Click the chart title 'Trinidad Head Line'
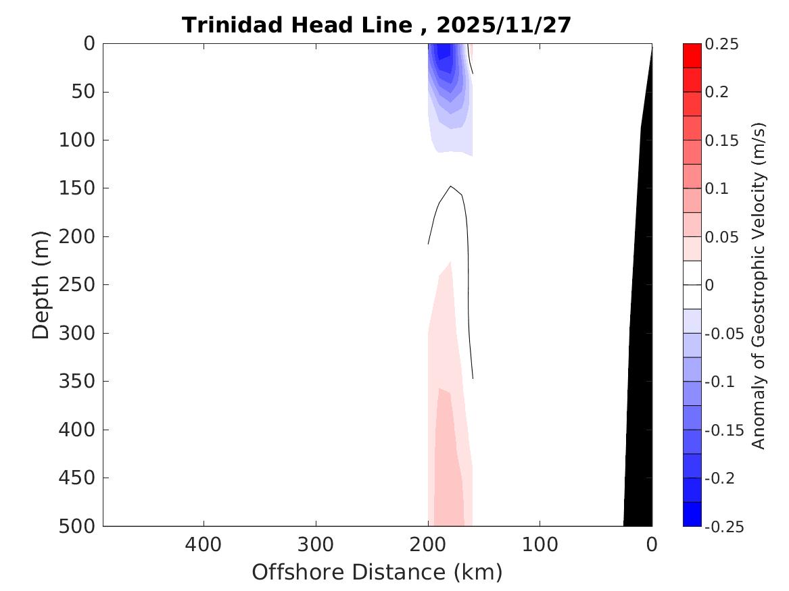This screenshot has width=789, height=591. pos(296,25)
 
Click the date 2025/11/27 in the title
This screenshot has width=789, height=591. pos(504,25)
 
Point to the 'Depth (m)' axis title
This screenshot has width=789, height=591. pos(41,284)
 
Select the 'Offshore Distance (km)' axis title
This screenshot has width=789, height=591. pos(377,572)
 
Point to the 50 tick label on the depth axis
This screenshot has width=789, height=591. pos(86,92)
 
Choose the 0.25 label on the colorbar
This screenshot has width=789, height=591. pos(721,44)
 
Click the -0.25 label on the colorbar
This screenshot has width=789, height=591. pos(723,527)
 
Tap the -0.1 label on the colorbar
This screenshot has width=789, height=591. pos(719,382)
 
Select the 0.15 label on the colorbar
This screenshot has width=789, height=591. pos(721,140)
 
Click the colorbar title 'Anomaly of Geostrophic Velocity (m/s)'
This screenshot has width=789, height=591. pos(759,285)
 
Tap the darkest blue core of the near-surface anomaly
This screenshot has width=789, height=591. pos(444,51)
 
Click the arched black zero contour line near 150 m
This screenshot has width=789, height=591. pos(450,187)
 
